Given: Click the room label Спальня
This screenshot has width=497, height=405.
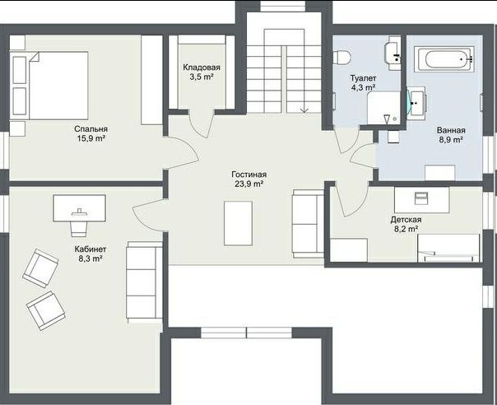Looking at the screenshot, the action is coord(91,129).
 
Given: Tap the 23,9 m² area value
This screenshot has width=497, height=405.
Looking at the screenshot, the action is coord(249,184).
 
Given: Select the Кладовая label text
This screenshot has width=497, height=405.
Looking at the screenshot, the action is coord(202,67).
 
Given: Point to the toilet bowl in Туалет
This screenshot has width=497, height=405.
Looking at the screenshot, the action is coord(341,58).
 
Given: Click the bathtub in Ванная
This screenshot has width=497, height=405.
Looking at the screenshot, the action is coord(444,59).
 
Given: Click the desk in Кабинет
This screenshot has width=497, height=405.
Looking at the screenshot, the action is coord(79,208).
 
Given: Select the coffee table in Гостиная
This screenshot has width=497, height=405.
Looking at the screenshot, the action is coord(238,223).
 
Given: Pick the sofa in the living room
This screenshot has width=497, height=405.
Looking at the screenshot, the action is coord(308,224).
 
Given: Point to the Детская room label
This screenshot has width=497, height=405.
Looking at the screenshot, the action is coord(406,220).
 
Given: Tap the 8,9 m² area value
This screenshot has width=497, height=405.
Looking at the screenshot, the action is coord(451,140).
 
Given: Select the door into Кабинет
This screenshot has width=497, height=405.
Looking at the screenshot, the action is coord(149,215).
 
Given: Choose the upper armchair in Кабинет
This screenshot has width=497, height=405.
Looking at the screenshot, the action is coord(40,268).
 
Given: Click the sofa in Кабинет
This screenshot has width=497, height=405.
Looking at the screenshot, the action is coord(145,282).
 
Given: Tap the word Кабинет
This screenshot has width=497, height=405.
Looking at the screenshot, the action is coord(91,249).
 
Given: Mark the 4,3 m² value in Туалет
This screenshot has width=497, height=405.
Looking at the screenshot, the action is coord(363,87).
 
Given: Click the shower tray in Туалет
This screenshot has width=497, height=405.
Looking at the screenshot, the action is coord(383,108).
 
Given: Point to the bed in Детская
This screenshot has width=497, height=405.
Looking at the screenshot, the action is coord(448,248).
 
